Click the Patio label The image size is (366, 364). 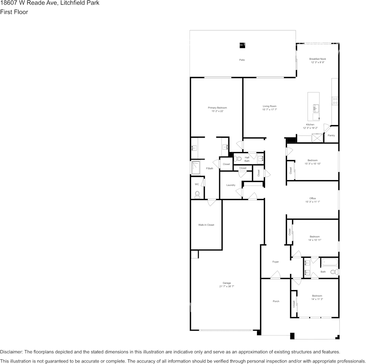(242, 60)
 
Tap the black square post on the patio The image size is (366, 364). (242, 45)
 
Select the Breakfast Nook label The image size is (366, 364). (317, 59)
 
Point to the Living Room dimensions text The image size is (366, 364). (270, 110)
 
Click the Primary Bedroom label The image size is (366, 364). (217, 108)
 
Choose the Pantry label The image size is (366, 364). (331, 135)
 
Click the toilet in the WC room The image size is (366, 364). (198, 194)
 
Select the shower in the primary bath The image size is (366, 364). (196, 168)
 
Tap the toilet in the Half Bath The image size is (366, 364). (238, 159)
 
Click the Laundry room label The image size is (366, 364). (231, 185)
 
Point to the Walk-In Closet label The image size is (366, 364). (206, 225)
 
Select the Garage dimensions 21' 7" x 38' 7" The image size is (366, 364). (227, 286)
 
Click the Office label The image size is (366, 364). (312, 199)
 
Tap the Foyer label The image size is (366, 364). (275, 262)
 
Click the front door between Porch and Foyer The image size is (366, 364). (275, 276)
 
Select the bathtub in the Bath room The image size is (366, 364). (329, 263)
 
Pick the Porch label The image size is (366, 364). (276, 301)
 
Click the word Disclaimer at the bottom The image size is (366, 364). (12, 352)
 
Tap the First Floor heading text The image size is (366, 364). (14, 12)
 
